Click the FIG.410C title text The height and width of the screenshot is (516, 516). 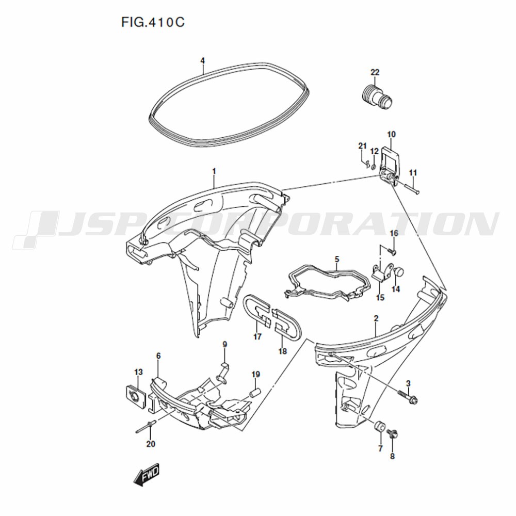coord(153,22)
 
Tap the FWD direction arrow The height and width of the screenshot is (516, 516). coord(146,475)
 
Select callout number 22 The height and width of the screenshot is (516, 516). coord(375,72)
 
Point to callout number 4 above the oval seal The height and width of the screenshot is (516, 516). coord(203,61)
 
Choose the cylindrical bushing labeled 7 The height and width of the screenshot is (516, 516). coord(379,426)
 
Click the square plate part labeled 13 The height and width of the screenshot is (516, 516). coord(136,396)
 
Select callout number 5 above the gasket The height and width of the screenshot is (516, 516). coord(337,260)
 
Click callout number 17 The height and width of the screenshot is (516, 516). coord(257,336)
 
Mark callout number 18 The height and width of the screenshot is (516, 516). coord(283,351)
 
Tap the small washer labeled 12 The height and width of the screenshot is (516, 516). coord(374,167)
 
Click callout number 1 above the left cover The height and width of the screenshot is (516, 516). coord(214,171)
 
